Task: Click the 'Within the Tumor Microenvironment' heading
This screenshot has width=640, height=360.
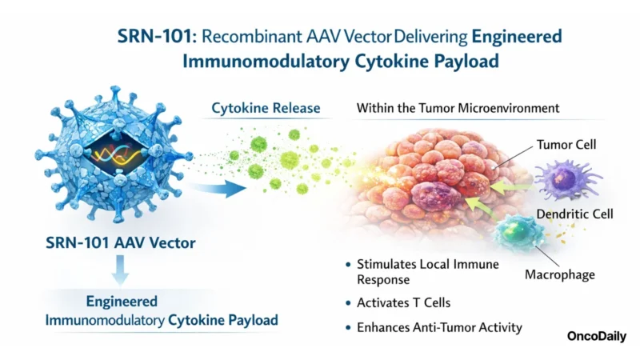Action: [458, 107]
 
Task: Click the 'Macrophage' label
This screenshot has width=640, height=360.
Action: [560, 275]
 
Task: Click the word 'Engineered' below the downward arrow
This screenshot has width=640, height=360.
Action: [121, 303]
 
